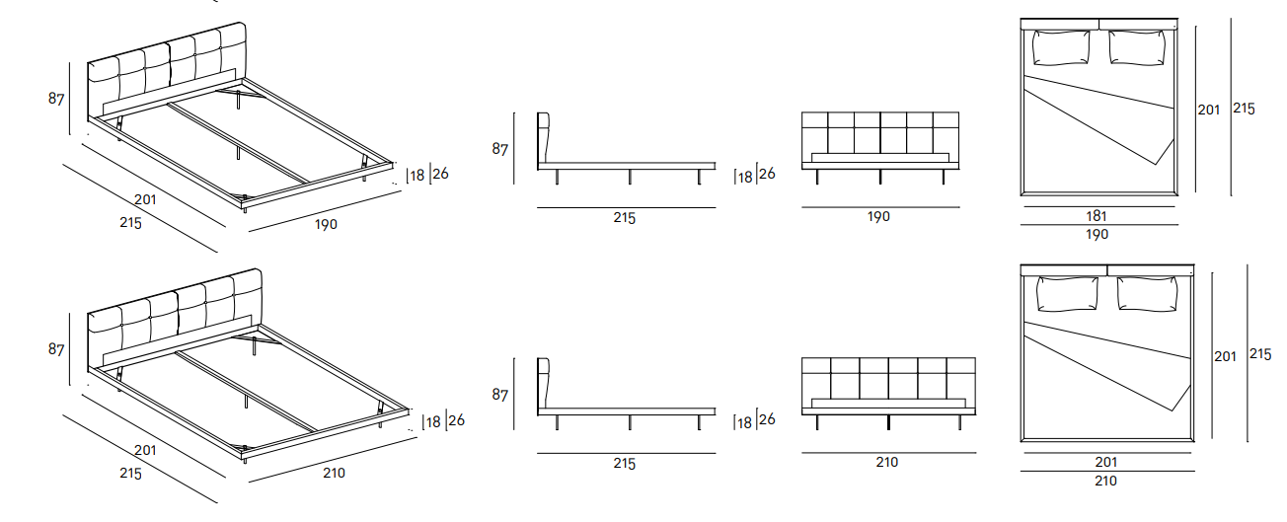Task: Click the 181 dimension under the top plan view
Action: coord(1097,216)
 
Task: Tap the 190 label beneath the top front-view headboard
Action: coord(878,216)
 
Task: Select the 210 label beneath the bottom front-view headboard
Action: coord(886,462)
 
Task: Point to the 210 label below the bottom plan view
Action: coord(1105,481)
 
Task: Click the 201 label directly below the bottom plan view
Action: coord(1106,462)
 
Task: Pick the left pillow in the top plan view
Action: coord(1061,47)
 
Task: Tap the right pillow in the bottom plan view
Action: coord(1147,294)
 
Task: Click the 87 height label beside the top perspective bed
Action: coord(56,99)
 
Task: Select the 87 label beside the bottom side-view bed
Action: coord(499,395)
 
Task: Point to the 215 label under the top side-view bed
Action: coord(624,218)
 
